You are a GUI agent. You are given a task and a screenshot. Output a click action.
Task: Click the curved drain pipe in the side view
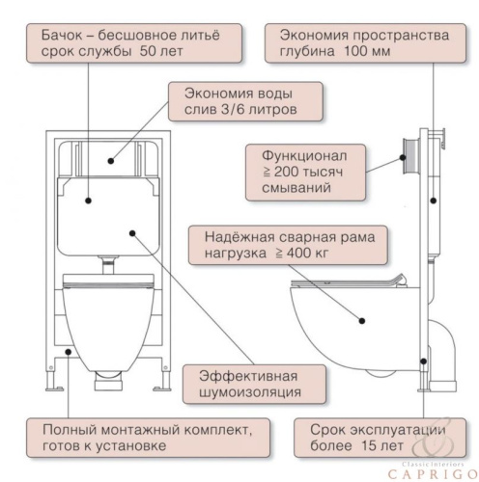point(445,352)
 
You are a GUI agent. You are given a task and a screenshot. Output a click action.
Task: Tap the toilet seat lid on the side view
point(348,281)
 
